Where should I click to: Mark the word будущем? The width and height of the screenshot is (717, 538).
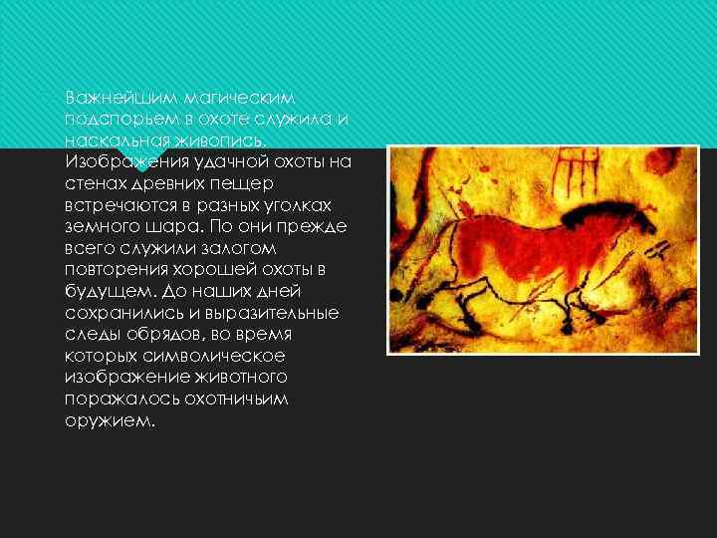(100, 291)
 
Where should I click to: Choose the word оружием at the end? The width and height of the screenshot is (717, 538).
(110, 420)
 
